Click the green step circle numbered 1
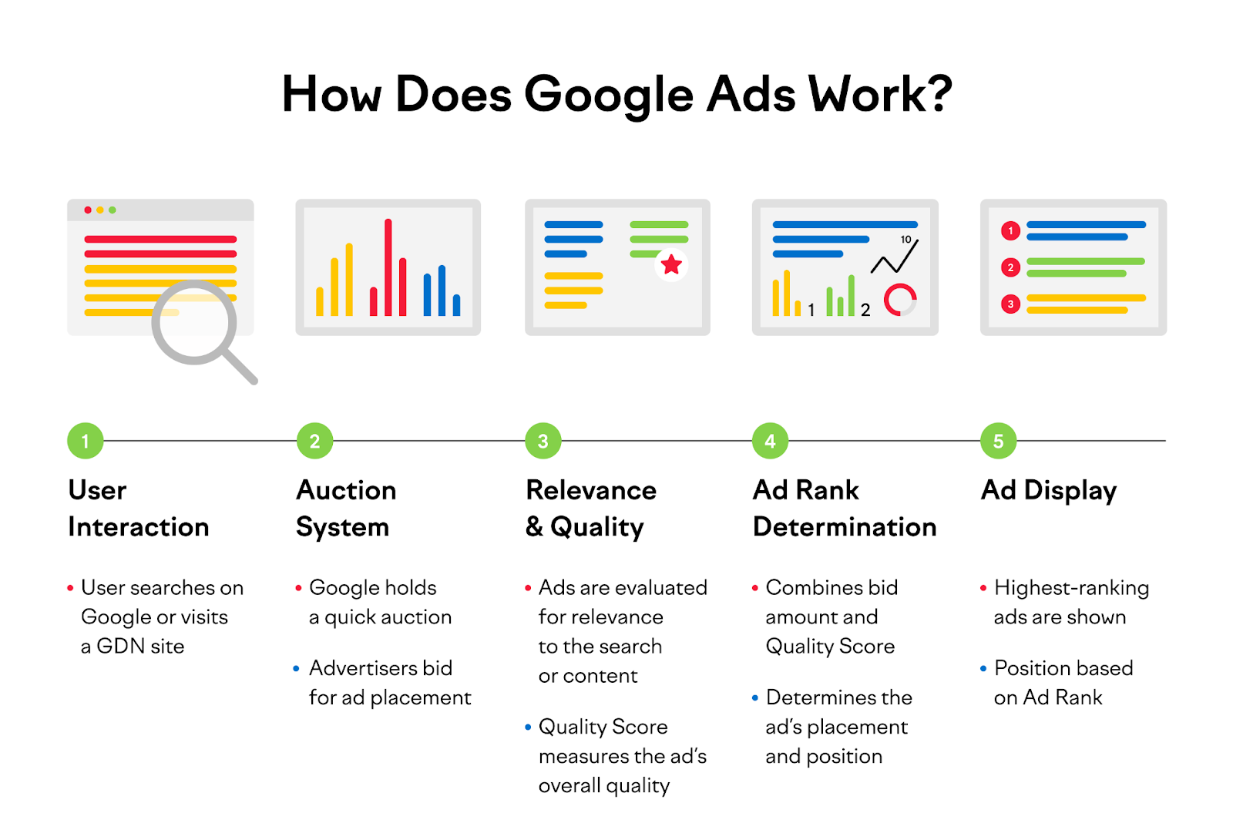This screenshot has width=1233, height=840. pyautogui.click(x=86, y=441)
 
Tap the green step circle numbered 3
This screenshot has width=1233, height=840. pyautogui.click(x=543, y=441)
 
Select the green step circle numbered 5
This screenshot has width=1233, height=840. pyautogui.click(x=999, y=441)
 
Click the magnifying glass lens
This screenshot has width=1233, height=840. pyautogui.click(x=194, y=323)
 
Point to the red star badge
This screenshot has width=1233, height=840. pyautogui.click(x=671, y=265)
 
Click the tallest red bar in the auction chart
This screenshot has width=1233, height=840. pyautogui.click(x=388, y=267)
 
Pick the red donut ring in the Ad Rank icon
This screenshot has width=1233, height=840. pyautogui.click(x=900, y=300)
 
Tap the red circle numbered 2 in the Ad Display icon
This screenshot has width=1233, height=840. pyautogui.click(x=1010, y=267)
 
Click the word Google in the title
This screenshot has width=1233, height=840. pyautogui.click(x=609, y=96)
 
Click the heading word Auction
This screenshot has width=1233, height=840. pyautogui.click(x=346, y=490)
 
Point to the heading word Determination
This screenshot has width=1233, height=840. pyautogui.click(x=845, y=527)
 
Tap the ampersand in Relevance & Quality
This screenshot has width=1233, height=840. pyautogui.click(x=534, y=527)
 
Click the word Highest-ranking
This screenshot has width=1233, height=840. pyautogui.click(x=1072, y=589)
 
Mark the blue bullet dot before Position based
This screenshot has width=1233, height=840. pyautogui.click(x=983, y=669)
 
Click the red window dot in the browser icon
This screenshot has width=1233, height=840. pyautogui.click(x=88, y=210)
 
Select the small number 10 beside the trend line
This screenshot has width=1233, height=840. pyautogui.click(x=905, y=240)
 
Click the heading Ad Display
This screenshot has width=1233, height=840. pyautogui.click(x=1049, y=491)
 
